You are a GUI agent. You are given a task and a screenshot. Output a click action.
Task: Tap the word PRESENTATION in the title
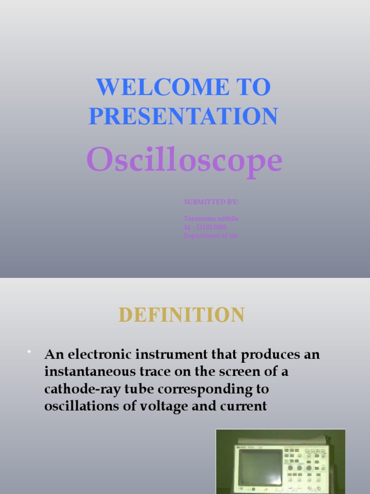pyautogui.click(x=183, y=116)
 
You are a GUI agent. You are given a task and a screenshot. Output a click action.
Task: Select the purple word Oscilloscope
pyautogui.click(x=184, y=160)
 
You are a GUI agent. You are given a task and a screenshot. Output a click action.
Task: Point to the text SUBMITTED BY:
pyautogui.click(x=211, y=202)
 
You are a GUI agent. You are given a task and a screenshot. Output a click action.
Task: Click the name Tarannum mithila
pyautogui.click(x=211, y=219)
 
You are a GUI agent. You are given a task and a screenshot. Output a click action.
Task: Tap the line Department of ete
pyautogui.click(x=211, y=236)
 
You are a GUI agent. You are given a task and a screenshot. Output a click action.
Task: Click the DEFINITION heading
pyautogui.click(x=182, y=315)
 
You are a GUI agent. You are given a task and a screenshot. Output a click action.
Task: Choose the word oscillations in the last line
pyautogui.click(x=82, y=406)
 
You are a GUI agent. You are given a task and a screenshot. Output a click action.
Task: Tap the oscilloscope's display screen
pyautogui.click(x=261, y=467)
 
